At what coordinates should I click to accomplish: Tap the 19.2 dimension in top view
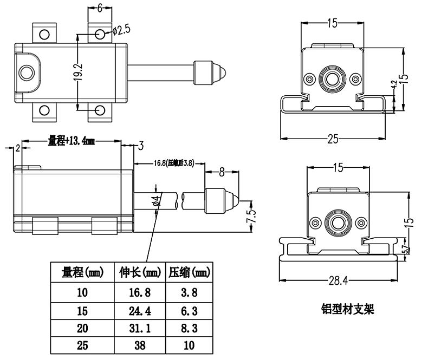click(x=77, y=71)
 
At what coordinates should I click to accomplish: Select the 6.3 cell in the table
click(x=187, y=311)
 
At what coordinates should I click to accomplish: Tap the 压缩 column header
click(x=187, y=273)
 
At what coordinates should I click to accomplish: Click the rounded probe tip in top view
click(x=222, y=71)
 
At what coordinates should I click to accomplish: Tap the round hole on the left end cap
click(x=26, y=72)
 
